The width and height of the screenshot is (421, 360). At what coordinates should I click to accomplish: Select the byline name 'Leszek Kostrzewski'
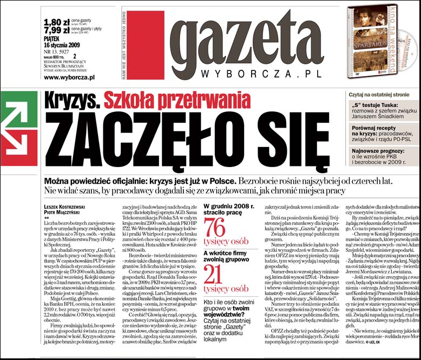click(68, 206)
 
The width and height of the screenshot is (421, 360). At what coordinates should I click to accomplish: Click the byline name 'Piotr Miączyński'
click(65, 212)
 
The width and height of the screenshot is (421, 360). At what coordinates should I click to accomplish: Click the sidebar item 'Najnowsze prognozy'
click(379, 154)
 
